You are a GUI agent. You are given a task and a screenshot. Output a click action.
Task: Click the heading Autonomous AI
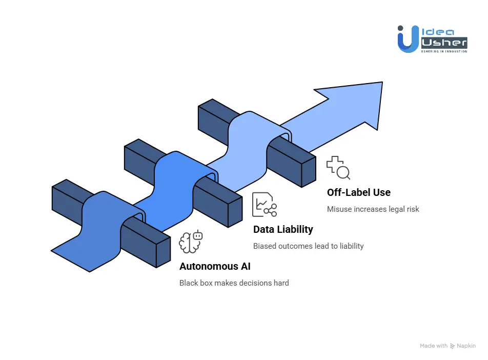[x=215, y=266]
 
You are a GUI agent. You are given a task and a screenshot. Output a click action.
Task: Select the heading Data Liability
[x=283, y=229]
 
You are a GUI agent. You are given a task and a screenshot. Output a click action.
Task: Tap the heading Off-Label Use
[x=358, y=192]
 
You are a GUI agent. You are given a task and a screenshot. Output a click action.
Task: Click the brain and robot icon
[x=191, y=242]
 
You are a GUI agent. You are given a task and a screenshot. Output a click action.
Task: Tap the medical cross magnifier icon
[x=338, y=168]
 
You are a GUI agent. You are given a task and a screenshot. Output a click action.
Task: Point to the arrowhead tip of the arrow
[x=381, y=83]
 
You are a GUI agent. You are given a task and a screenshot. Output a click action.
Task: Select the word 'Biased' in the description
[x=265, y=246]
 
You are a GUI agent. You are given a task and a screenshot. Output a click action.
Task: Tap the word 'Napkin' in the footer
[x=466, y=346]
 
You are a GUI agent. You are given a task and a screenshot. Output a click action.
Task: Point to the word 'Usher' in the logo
[x=443, y=43]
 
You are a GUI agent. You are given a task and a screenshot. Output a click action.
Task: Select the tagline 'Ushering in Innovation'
[x=443, y=51]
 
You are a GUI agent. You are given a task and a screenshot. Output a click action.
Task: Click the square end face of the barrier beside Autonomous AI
[x=163, y=252]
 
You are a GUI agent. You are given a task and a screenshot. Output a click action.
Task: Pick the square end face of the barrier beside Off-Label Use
[x=309, y=171]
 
